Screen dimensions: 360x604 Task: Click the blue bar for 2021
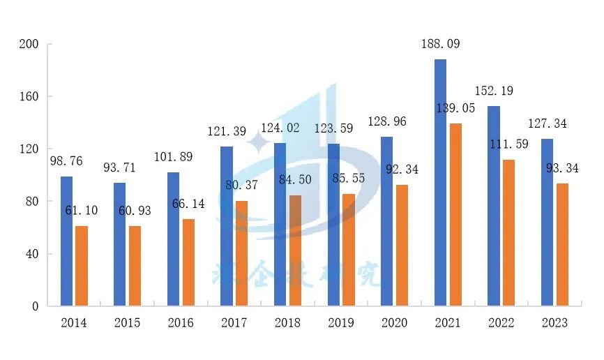[440, 183]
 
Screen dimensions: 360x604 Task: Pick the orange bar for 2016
[189, 262]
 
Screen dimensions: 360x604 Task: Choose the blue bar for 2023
[547, 223]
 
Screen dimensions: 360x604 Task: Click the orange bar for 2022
[508, 233]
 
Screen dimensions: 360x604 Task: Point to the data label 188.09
[441, 44]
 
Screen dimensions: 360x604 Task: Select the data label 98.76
[67, 161]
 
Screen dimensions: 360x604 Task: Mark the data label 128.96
[387, 121]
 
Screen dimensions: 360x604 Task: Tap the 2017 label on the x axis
[234, 323]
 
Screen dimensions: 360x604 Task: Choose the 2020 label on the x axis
[394, 323]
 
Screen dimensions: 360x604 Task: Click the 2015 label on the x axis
[128, 323]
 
